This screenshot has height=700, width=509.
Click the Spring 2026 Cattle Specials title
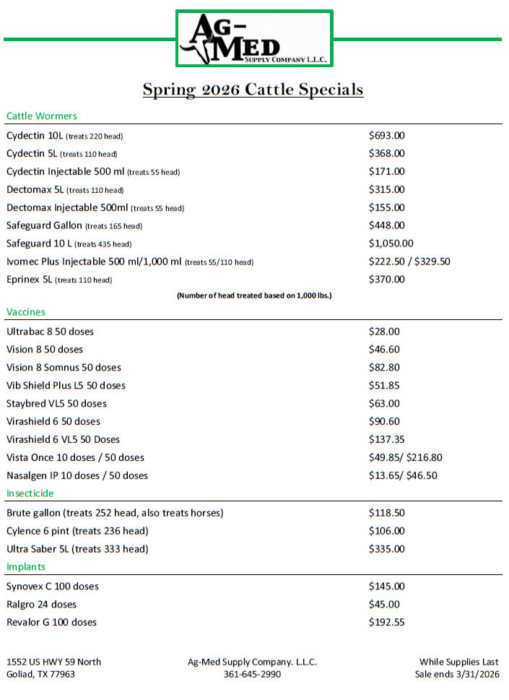253,90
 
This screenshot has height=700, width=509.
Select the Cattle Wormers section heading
41,116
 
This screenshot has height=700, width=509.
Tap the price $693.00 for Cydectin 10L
386,135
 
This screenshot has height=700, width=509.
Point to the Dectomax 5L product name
34,189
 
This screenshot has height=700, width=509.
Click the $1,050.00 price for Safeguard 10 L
391,243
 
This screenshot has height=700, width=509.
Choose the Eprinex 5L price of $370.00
386,280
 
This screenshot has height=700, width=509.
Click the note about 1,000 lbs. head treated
254,295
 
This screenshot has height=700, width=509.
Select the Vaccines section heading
25,312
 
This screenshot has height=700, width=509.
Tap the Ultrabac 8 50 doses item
50,332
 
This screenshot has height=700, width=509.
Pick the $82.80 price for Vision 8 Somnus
384,368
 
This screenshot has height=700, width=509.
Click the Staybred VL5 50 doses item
56,404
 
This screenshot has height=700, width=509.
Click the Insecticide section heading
30,493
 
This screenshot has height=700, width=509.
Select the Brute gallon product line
115,513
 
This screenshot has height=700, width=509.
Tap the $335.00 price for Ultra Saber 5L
386,549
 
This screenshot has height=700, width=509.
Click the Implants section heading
26,567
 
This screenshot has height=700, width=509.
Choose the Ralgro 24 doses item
41,604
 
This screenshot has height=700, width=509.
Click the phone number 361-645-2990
252,674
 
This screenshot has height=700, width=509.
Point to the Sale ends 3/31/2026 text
456,674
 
